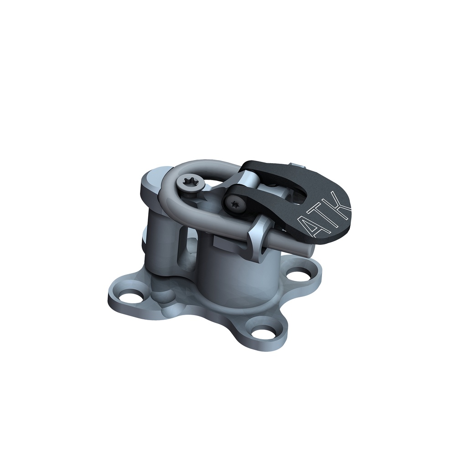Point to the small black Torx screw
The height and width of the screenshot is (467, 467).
pyautogui.click(x=234, y=203)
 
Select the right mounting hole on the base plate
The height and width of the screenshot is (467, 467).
pyautogui.click(x=299, y=275)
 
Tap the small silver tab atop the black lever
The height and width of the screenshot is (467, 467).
pyautogui.click(x=296, y=164)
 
